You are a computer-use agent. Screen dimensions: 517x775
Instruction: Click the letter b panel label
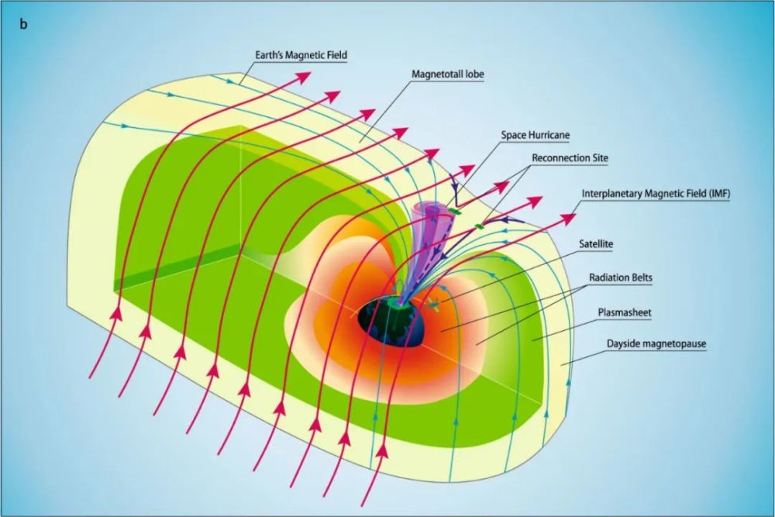(24, 24)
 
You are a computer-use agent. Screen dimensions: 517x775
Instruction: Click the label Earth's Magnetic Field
(301, 55)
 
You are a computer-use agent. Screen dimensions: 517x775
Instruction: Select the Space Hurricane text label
(537, 135)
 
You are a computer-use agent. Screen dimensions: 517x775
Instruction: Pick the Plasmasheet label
(622, 313)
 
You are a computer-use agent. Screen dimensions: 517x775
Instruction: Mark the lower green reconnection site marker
(479, 226)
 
